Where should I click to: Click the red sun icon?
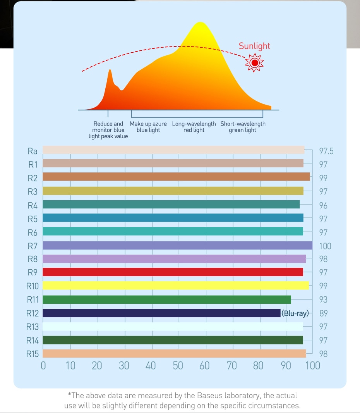pos(254,62)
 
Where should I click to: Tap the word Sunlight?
pos(254,46)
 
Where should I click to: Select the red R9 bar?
pos(173,272)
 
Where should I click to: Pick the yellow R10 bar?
pos(176,286)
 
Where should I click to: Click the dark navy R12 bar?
pos(161,313)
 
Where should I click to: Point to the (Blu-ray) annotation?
pos(295,313)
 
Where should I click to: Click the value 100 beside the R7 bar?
pos(325,246)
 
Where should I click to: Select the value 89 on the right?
pos(323,313)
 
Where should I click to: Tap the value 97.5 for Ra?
pos(326,151)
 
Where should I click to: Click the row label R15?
pos(33,354)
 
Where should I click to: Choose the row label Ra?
pos(33,151)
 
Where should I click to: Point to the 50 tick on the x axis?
pos(178,366)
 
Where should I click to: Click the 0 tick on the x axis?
pos(43,366)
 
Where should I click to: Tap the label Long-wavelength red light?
pos(194,127)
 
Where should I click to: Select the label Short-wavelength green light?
pos(243,127)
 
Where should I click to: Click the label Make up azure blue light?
pos(148,127)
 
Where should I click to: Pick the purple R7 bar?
pos(177,245)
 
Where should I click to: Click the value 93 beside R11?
pos(323,299)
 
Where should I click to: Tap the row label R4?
pos(33,205)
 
